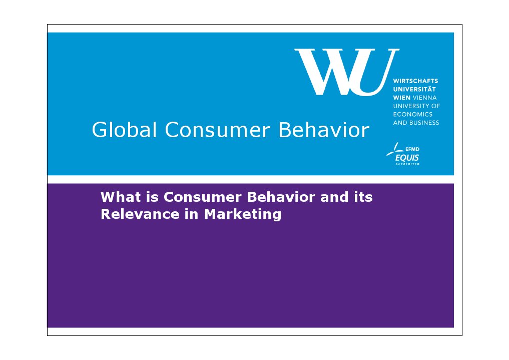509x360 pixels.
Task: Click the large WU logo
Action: (346, 72)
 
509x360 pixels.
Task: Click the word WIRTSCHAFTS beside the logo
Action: (416, 81)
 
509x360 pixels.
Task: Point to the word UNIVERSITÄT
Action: (415, 89)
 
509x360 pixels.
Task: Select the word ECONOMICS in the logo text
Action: (413, 114)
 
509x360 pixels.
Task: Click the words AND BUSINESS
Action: (416, 123)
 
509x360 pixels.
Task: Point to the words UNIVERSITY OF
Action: (417, 106)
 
